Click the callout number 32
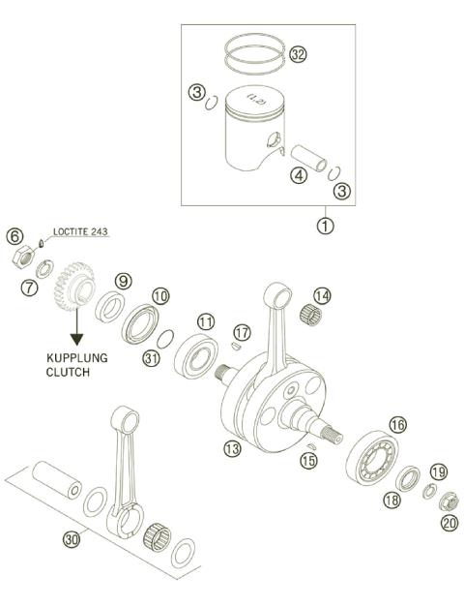(298, 55)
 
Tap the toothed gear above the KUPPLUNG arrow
(74, 287)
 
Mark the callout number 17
(242, 332)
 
